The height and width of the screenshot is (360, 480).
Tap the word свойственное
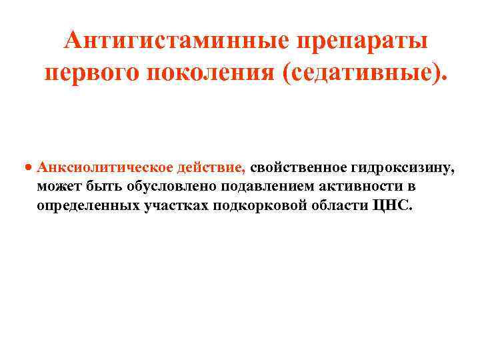299,169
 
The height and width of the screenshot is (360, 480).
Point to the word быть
97,187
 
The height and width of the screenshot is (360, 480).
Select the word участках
175,205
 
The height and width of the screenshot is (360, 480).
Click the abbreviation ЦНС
391,205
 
